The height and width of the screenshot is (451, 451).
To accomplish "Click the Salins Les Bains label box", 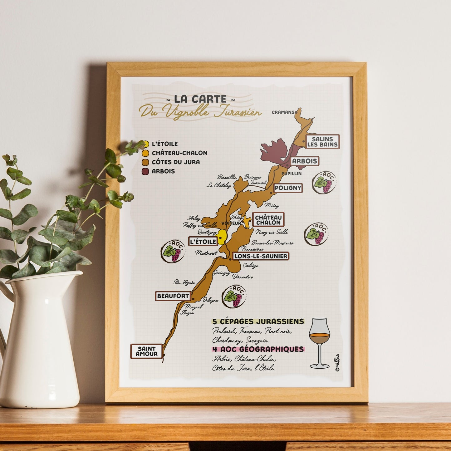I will click(x=322, y=142).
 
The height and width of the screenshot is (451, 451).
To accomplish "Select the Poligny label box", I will click(x=288, y=188).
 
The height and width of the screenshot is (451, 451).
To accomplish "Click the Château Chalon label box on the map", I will click(x=268, y=220).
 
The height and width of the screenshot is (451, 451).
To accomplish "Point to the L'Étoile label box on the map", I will click(x=203, y=241).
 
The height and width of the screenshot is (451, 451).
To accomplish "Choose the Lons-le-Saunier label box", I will click(x=260, y=256).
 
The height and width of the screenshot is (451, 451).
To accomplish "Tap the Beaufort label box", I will click(x=173, y=296).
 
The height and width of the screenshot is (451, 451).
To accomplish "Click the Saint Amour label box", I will click(x=146, y=351).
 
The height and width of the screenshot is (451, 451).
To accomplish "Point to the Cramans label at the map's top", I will click(x=283, y=112).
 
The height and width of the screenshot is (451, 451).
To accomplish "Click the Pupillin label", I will click(x=291, y=174).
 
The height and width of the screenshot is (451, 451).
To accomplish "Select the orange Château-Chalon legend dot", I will click(x=145, y=153).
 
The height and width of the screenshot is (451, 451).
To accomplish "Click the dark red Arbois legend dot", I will click(x=145, y=171).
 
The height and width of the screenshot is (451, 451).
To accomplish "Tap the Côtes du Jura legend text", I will click(x=176, y=162).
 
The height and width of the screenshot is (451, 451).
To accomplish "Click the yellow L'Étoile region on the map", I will click(x=222, y=237).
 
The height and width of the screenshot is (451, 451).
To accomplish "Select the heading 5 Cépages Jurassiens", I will click(x=258, y=321).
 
